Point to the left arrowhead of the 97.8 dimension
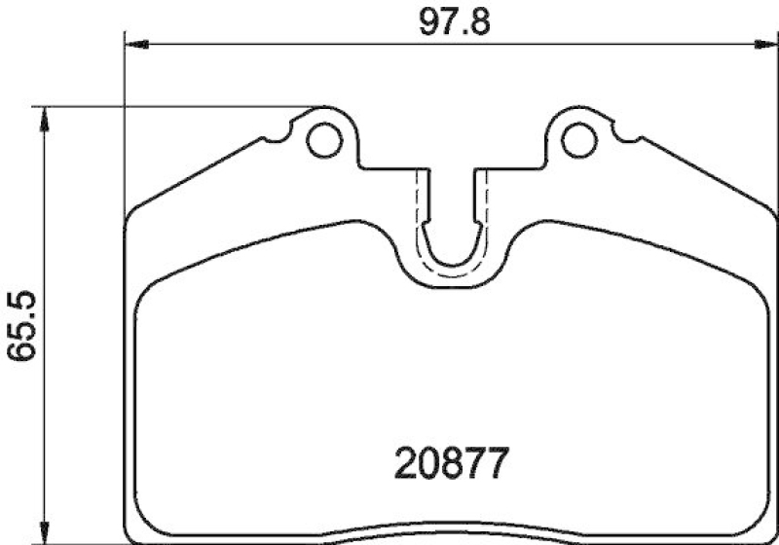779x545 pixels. pyautogui.click(x=136, y=43)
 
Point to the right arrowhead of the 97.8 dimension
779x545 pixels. pyautogui.click(x=767, y=43)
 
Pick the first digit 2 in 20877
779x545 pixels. pyautogui.click(x=407, y=464)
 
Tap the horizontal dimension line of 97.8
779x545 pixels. pyautogui.click(x=292, y=43)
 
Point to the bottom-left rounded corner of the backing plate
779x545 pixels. pyautogui.click(x=131, y=530)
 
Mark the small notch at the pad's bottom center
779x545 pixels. pyautogui.click(x=451, y=538)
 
